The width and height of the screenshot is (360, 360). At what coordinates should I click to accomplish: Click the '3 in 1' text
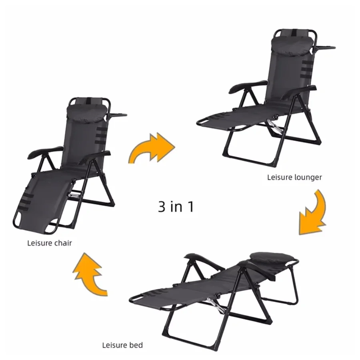pyautogui.click(x=176, y=206)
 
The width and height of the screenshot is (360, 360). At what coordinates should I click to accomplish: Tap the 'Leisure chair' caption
pyautogui.click(x=50, y=243)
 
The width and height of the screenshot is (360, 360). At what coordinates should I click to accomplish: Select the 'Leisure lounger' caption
pyautogui.click(x=294, y=177)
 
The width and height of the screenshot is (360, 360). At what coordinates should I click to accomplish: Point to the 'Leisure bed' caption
pyautogui.click(x=122, y=345)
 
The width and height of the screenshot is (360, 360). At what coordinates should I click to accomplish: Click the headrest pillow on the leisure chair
pyautogui.click(x=87, y=112)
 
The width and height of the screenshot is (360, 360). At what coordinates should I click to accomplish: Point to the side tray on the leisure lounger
pyautogui.click(x=324, y=48)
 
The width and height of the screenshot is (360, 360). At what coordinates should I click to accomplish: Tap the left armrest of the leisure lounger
pyautogui.click(x=247, y=86)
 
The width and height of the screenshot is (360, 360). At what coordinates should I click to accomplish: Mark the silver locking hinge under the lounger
pyautogui.click(x=274, y=128)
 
